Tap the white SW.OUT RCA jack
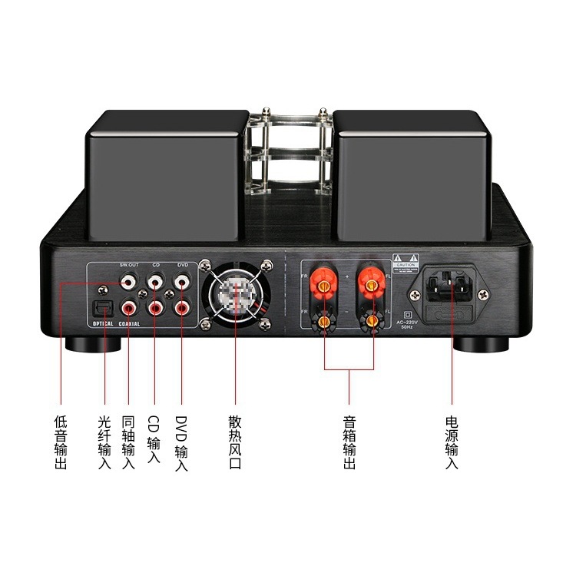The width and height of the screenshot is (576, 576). click(129, 283)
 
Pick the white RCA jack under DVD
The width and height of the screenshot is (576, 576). click(182, 283)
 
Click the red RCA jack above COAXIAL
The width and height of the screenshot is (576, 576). click(129, 309)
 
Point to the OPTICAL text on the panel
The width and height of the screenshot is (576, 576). click(98, 324)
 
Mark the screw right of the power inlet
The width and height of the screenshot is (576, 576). click(482, 294)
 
